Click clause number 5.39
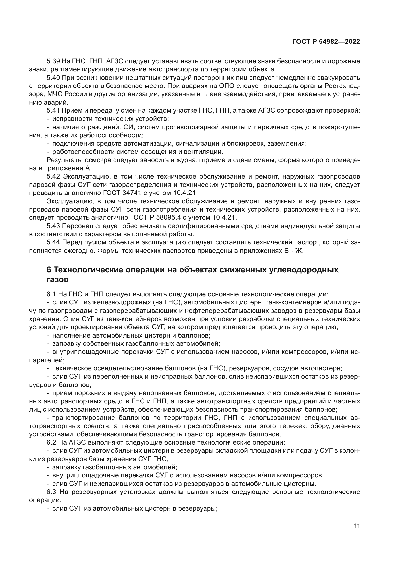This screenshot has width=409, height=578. (x=53, y=61)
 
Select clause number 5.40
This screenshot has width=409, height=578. (x=53, y=78)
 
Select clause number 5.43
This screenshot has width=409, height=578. (x=53, y=226)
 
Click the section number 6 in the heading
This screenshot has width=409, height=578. (x=49, y=270)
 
